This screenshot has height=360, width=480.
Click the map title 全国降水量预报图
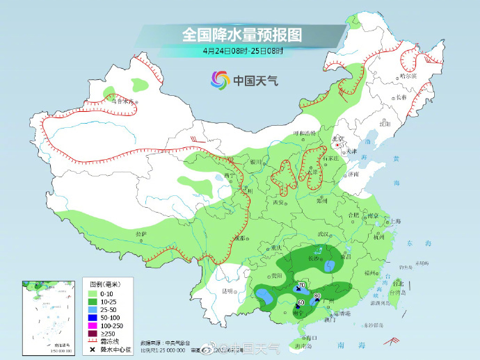pos(241,34)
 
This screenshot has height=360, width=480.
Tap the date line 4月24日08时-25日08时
pos(243,51)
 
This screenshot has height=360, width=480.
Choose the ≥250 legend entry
pos(104,332)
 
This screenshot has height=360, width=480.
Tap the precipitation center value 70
pos(302,286)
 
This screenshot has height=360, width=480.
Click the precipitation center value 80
pos(317,296)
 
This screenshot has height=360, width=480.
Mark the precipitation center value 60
pos(301,302)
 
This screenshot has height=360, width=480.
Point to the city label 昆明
pos(227,291)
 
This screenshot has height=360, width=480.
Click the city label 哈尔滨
pos(407,76)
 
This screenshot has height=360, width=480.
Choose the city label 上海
pos(395,221)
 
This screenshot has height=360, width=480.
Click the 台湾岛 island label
pos(399,293)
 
